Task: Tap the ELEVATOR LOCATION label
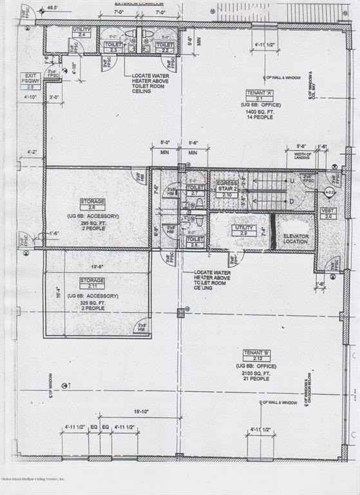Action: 296,240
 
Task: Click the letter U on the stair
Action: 292,182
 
